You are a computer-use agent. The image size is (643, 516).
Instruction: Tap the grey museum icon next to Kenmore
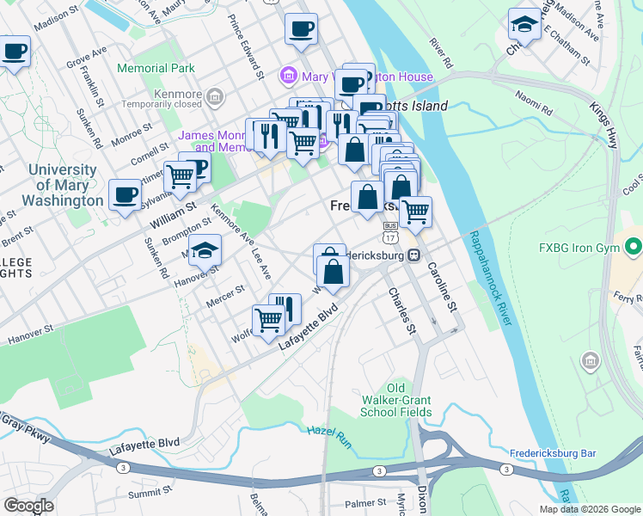click(x=214, y=95)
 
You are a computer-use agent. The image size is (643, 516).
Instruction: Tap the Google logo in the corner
click(x=28, y=506)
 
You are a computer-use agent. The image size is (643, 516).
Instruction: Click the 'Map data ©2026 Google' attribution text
click(x=589, y=509)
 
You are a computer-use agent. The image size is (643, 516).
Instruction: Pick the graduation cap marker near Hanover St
click(x=205, y=250)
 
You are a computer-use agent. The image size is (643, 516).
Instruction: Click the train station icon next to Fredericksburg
click(x=413, y=255)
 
